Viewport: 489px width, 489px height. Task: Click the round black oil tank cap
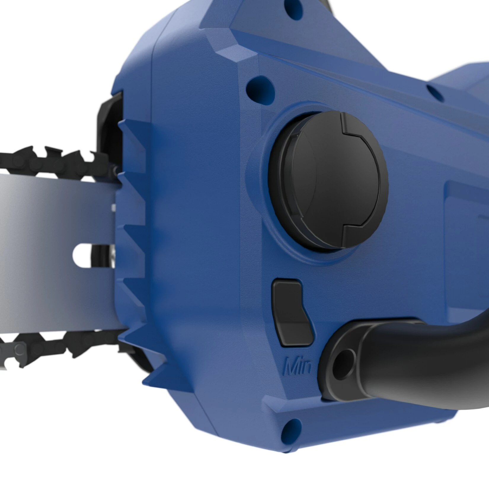pyautogui.click(x=328, y=180)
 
